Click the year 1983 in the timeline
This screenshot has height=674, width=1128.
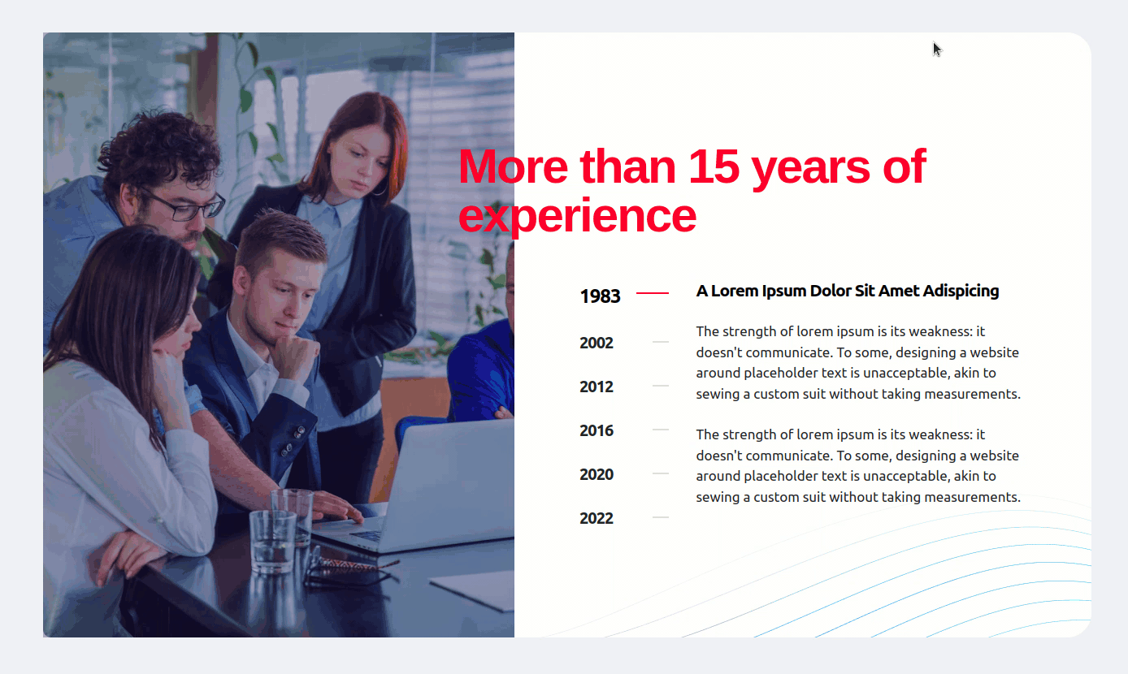pos(600,296)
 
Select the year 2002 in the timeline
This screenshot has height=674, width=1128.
pos(597,343)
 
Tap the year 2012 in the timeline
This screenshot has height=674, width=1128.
pos(597,387)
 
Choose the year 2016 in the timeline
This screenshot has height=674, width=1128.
pos(597,430)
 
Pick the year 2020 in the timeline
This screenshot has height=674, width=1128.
pos(597,474)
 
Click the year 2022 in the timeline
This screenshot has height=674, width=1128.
pos(597,518)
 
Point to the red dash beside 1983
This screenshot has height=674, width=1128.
pos(653,292)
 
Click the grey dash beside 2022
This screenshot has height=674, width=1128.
pos(661,517)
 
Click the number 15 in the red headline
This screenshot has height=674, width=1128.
pos(714,166)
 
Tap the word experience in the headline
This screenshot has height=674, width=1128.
pos(577,216)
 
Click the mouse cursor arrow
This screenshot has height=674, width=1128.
pos(937,50)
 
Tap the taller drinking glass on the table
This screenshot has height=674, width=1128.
pos(293,516)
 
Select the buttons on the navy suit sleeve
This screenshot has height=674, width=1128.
pos(293,440)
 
